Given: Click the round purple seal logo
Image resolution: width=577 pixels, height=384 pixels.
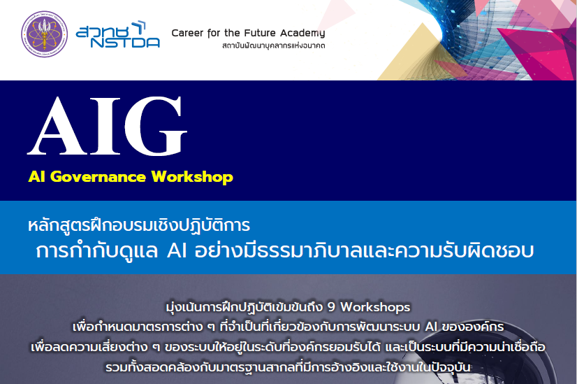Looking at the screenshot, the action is pos(45,34).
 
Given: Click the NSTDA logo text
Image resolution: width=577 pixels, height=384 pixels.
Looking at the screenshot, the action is pos(125,43).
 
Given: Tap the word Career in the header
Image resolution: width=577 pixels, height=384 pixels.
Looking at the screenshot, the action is pos(187,33).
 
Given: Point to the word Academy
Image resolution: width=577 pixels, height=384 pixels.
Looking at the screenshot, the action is pos(302,34).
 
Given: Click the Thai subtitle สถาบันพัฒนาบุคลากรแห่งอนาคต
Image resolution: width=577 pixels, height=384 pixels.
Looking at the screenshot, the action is pos(273,45).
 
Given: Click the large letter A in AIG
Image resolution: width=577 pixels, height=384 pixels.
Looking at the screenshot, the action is pos(58,126).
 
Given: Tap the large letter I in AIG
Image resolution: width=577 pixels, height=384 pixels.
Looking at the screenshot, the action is pos(105,126).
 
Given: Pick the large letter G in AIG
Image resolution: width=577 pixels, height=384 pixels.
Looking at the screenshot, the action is pos(156,126).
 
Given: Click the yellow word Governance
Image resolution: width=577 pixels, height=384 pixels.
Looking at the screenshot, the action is pos(98,177).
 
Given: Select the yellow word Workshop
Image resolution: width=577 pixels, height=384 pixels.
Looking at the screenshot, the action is pos(192,177).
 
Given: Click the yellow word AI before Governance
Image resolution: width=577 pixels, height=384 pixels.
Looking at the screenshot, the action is pos(37,176).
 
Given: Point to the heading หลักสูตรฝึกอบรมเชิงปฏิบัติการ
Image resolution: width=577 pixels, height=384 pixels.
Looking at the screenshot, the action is pos(139,225).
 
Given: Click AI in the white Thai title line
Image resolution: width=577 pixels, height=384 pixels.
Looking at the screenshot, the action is pos(177,251).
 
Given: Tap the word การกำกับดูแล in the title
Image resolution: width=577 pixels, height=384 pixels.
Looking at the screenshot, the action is pos(97,251).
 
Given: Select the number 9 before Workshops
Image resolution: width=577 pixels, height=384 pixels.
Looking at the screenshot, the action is pos(331,307).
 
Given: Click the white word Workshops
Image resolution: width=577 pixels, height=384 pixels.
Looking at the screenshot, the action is pos(375,307).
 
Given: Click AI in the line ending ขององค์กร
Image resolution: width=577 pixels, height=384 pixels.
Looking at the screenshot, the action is pos(431,327).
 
